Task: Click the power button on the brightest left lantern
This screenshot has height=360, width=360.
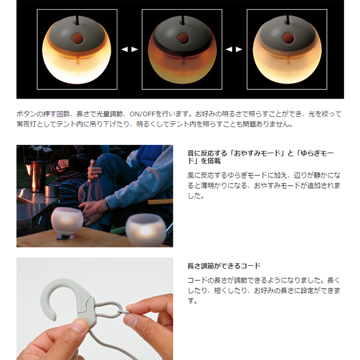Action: coord(78,39)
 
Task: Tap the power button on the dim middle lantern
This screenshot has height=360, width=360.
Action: coord(183,38)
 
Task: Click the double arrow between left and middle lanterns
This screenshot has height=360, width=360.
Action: coord(130,49)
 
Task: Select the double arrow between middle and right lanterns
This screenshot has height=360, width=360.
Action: coord(234,49)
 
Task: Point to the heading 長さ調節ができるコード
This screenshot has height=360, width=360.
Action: coord(224,266)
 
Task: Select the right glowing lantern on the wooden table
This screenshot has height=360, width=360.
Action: coord(146,230)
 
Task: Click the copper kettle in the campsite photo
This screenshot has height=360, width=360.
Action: coord(36,176)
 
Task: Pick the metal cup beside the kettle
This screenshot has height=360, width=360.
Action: coord(51,191)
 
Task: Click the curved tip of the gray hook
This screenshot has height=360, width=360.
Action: coord(52,317)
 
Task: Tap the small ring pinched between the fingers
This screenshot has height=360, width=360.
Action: coord(122,312)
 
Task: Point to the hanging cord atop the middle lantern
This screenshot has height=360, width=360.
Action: coord(183,20)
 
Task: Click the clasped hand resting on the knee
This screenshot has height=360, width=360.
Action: coord(95,171)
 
